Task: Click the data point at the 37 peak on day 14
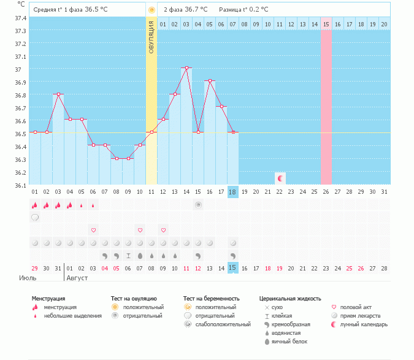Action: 186,67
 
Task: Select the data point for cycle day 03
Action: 58,94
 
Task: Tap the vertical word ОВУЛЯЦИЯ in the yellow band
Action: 151,38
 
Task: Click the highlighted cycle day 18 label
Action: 232,192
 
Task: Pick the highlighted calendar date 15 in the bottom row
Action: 232,268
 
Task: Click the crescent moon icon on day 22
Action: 280,178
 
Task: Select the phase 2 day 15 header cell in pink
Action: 326,24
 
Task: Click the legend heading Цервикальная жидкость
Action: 290,299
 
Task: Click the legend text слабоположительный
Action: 217,324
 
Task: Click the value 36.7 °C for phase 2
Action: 196,9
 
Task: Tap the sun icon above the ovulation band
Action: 151,10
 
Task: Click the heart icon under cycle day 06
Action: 93,230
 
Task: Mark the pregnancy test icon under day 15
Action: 198,205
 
